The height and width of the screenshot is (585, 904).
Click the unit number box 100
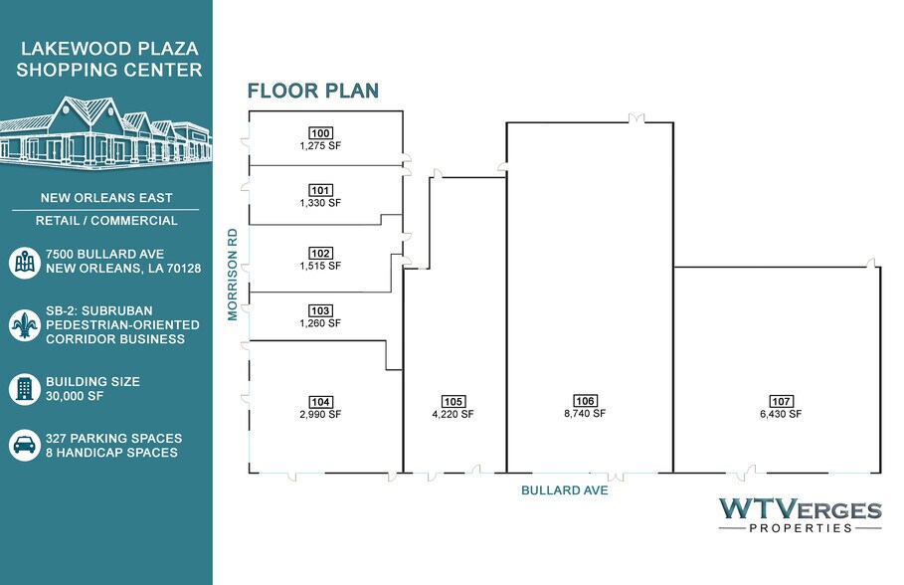(320, 133)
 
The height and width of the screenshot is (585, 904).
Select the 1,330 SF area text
(320, 203)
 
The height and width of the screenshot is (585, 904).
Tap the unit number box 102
(320, 254)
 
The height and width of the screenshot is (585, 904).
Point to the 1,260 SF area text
(320, 323)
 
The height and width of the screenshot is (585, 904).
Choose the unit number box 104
(320, 402)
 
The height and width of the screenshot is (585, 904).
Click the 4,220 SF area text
(453, 414)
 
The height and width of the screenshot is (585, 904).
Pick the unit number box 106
(585, 401)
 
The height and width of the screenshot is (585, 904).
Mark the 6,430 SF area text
(782, 414)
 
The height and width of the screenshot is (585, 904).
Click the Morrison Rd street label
(233, 274)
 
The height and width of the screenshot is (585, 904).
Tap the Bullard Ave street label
(565, 490)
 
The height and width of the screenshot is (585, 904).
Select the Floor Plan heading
(313, 91)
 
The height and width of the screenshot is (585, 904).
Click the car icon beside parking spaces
(24, 446)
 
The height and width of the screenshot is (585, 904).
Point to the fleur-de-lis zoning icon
(24, 325)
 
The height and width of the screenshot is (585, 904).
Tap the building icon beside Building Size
(24, 389)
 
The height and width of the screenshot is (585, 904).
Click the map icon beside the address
(24, 262)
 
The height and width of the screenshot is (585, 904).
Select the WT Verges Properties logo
(801, 515)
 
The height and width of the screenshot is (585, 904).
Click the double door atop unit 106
(636, 118)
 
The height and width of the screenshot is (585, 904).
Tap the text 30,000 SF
(75, 396)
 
